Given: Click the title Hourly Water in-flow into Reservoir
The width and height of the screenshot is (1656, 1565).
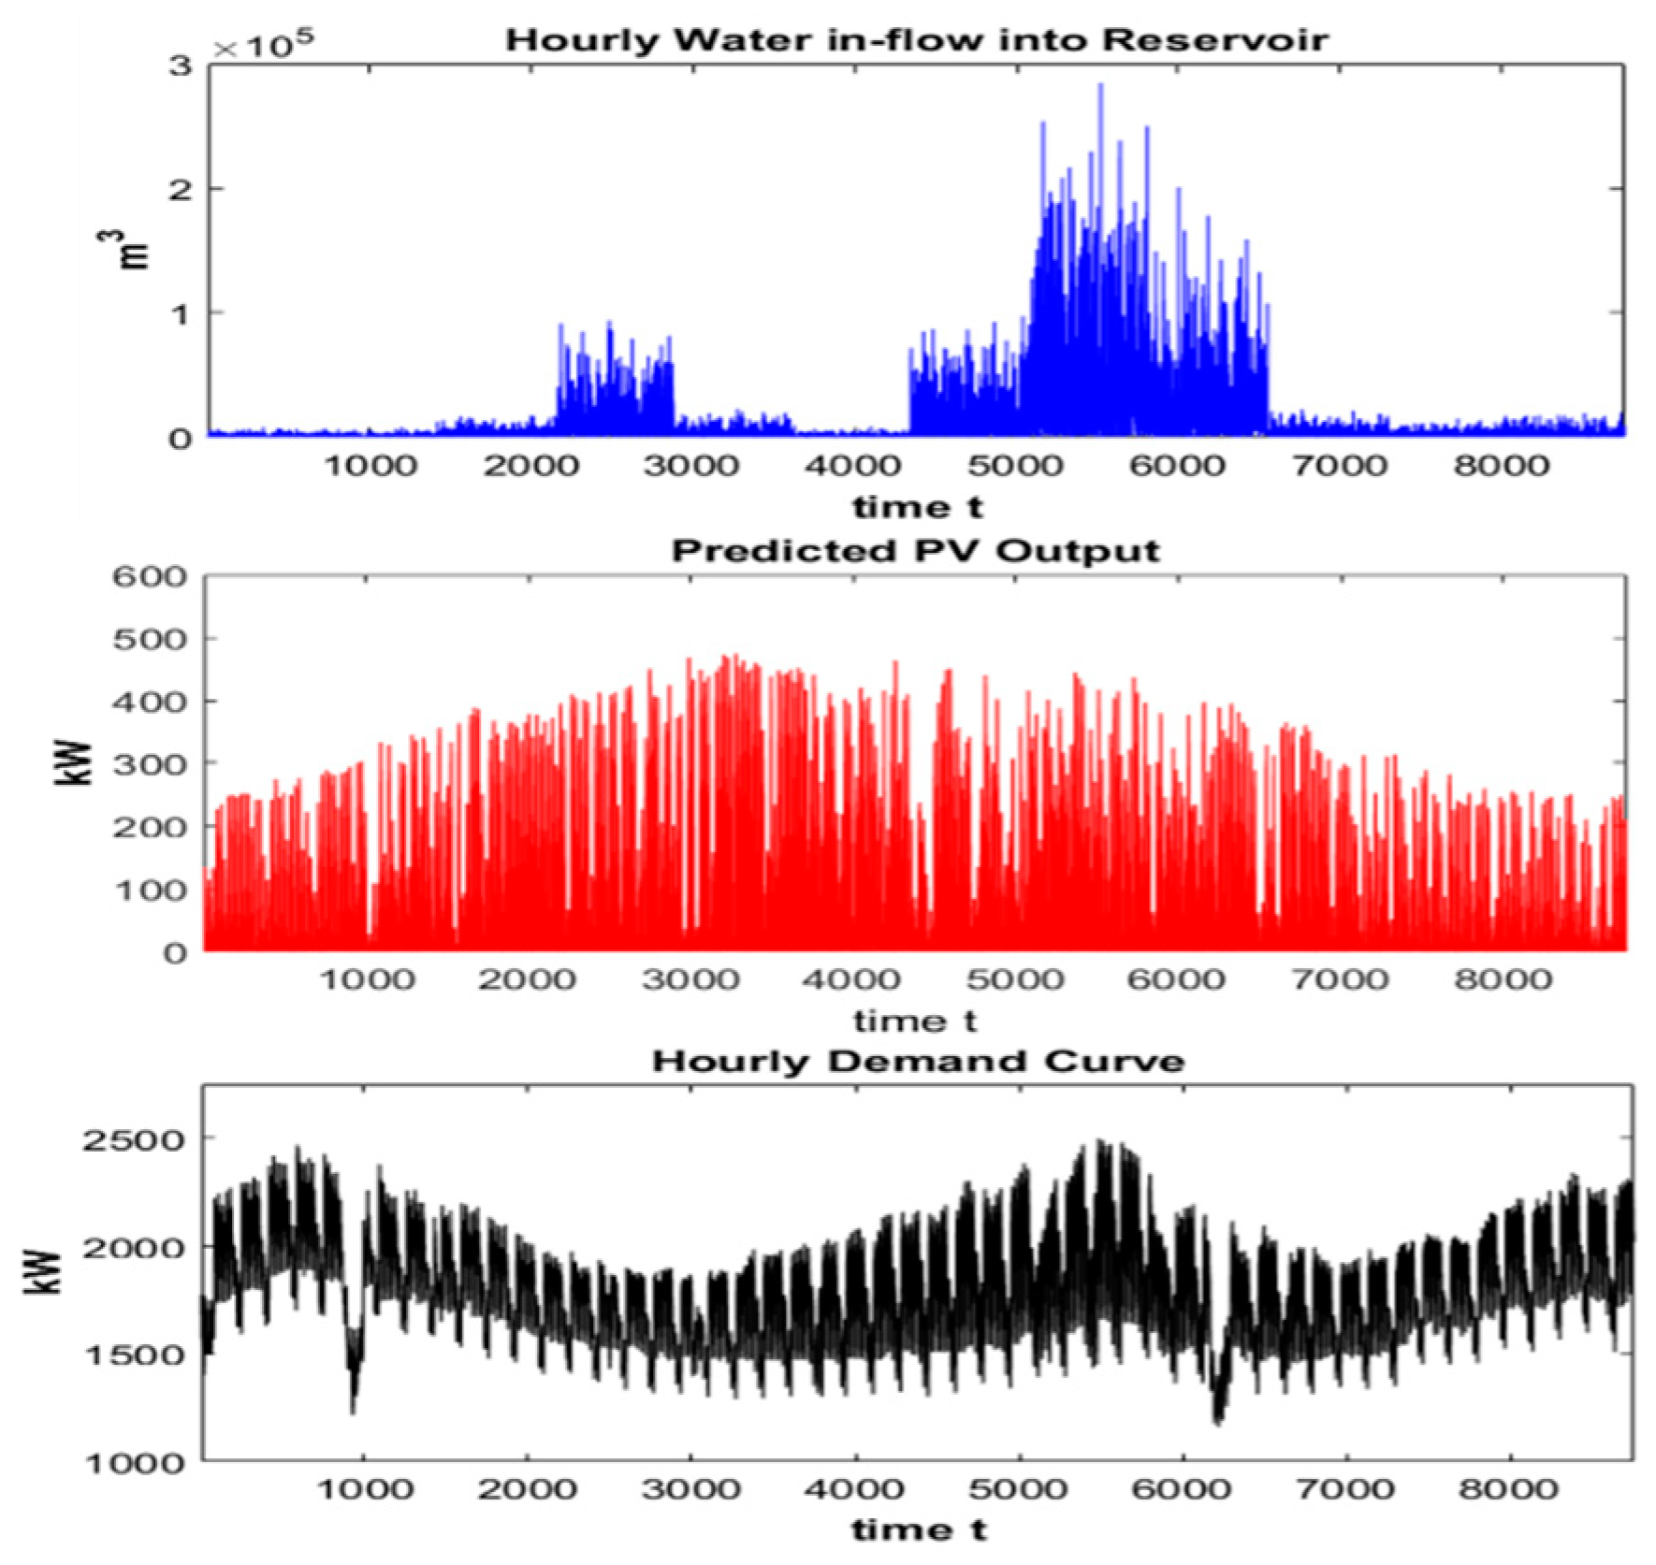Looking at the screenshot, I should [x=916, y=40].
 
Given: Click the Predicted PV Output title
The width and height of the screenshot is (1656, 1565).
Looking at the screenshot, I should [x=914, y=550].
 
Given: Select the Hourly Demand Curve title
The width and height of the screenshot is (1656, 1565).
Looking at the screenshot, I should [x=918, y=1061].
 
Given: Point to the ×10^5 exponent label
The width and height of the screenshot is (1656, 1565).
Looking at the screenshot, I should [x=263, y=45].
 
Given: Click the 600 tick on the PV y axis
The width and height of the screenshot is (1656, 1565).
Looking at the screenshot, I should [x=151, y=576].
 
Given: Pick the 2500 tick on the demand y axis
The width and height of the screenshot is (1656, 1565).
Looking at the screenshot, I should [x=132, y=1139].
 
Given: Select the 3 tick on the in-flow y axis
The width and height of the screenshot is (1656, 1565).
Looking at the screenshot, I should [x=181, y=65].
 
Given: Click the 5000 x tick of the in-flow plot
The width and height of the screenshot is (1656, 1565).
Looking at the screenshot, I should [x=1015, y=465].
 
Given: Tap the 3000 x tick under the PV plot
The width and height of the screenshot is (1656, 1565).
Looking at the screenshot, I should [x=691, y=979].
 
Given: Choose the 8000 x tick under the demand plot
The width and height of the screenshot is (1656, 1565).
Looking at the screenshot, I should [x=1508, y=1489].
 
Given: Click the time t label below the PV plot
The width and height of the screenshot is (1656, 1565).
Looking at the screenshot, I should [x=914, y=1021].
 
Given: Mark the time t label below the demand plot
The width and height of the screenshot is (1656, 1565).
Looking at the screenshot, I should [x=918, y=1530].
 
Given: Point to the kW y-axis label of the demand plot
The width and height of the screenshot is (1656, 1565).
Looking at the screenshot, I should [x=43, y=1273].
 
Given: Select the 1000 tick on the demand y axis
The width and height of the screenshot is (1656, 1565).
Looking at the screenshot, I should [x=132, y=1462].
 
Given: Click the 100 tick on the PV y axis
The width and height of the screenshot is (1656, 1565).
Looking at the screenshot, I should [x=151, y=890].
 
